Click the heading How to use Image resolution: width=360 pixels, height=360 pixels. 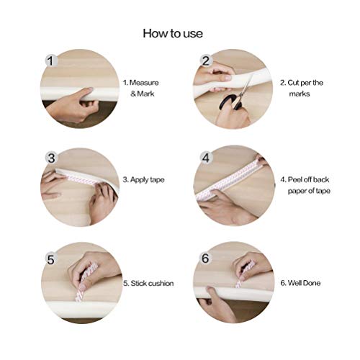(173, 33)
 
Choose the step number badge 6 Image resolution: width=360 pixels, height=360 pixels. (205, 257)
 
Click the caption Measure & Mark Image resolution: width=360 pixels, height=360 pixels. (140, 88)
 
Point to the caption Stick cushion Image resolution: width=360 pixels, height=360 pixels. (148, 283)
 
